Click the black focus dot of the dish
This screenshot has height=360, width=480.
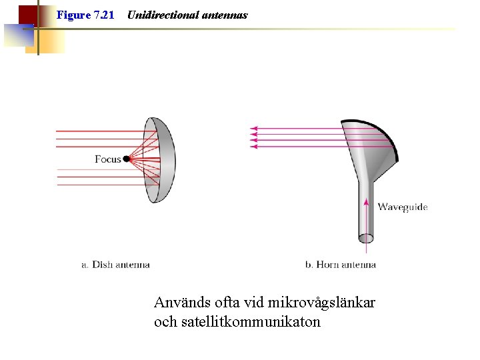[127, 159]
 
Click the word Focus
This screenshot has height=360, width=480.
[107, 159]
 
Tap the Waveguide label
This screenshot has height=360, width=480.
[403, 207]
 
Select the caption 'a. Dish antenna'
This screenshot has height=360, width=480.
[115, 265]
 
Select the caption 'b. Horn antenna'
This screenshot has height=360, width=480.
[340, 265]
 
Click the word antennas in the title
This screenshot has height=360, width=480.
[225, 15]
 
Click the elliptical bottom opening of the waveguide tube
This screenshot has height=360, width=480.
[366, 238]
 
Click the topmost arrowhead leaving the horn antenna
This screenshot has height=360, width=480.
[253, 127]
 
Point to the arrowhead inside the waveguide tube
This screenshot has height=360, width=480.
[366, 200]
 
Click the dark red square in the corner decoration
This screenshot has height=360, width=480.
[27, 14]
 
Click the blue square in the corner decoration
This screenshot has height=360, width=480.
[18, 35]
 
